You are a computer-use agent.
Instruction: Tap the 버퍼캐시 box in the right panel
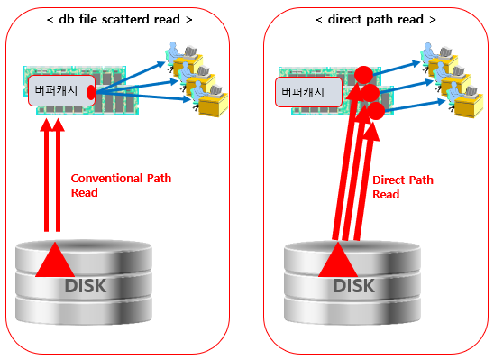point(306,92)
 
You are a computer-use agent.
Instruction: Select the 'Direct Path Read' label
point(402,187)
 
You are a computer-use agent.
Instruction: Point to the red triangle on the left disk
point(57,262)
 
